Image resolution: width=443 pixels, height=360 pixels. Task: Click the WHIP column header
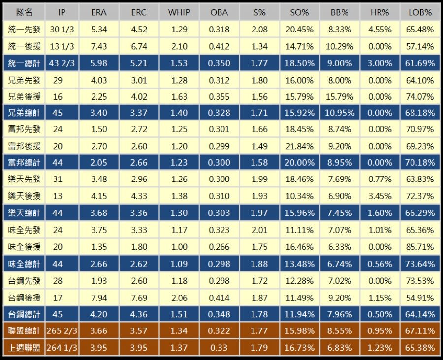[179, 13]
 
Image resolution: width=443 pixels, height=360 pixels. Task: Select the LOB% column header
[420, 13]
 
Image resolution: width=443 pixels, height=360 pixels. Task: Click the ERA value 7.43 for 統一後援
[99, 46]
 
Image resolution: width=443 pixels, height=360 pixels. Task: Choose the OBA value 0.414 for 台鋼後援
[219, 298]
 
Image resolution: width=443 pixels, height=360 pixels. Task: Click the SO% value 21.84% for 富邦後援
[299, 146]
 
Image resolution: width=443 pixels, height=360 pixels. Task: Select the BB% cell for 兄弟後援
[340, 96]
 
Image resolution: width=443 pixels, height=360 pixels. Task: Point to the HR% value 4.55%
[380, 30]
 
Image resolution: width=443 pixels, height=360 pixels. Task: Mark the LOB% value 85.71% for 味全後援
[420, 247]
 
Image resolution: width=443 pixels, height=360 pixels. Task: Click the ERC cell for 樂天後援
[138, 196]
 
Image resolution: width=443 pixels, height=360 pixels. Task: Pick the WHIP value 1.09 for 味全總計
[179, 264]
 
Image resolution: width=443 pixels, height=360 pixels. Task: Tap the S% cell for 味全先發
[259, 230]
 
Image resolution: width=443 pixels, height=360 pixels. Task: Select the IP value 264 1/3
[62, 348]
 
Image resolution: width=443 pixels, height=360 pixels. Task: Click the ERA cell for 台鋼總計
[99, 314]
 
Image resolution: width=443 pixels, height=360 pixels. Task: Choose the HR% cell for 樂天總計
[380, 213]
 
